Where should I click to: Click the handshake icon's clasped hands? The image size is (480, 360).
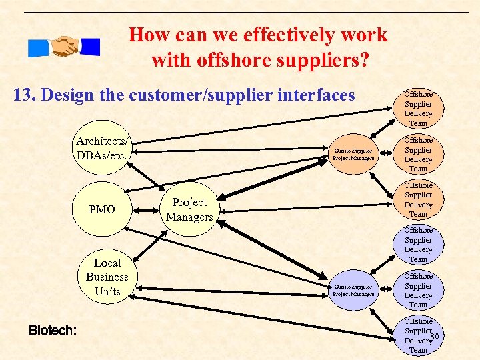[x=65, y=47]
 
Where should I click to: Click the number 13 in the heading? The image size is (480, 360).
[x=24, y=95]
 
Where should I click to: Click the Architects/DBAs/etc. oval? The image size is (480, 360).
[x=103, y=148]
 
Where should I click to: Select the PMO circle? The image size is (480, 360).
[x=102, y=210]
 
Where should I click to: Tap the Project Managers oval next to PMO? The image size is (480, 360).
[x=189, y=209]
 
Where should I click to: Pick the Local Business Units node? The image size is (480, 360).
[x=107, y=277]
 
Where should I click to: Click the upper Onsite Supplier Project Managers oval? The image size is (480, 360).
[x=353, y=155]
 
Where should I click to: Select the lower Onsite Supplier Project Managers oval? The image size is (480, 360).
[x=353, y=290]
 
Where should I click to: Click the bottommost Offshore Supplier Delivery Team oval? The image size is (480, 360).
[x=418, y=335]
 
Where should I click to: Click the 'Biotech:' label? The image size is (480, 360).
[x=52, y=330]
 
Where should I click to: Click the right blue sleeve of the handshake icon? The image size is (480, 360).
[x=90, y=47]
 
